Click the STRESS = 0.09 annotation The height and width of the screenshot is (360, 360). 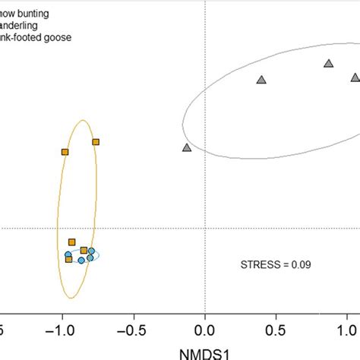pyautogui.click(x=276, y=265)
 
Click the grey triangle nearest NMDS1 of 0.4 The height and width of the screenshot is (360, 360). pyautogui.click(x=261, y=80)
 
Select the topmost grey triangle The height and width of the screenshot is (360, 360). pyautogui.click(x=328, y=64)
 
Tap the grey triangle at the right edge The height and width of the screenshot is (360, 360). pyautogui.click(x=355, y=77)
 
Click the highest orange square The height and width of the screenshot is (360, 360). pyautogui.click(x=96, y=141)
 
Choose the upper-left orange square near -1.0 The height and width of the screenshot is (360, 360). pyautogui.click(x=65, y=152)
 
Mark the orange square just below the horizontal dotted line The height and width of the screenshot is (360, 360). pyautogui.click(x=71, y=242)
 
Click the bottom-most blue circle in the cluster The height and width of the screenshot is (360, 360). pyautogui.click(x=81, y=261)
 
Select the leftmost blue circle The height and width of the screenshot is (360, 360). pyautogui.click(x=68, y=254)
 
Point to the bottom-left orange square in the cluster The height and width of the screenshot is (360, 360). pyautogui.click(x=68, y=260)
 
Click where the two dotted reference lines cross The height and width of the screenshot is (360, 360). pyautogui.click(x=205, y=228)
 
